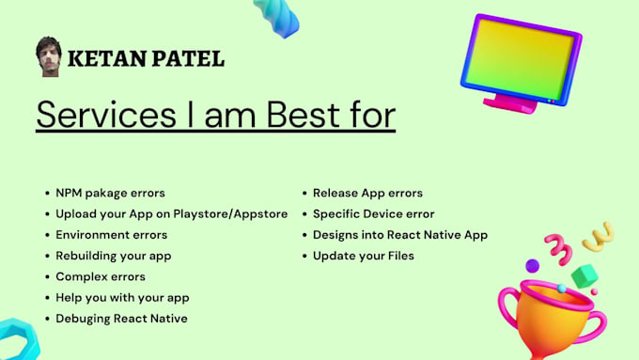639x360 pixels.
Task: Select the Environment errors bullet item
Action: (111, 234)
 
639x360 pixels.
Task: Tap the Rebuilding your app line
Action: (113, 255)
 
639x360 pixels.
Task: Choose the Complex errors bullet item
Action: (101, 276)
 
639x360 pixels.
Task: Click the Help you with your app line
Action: (122, 297)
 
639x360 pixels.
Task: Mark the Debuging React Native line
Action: (121, 318)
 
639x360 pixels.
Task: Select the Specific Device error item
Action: (373, 213)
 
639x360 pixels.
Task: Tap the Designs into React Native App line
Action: (399, 234)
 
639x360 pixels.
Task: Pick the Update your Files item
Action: (363, 255)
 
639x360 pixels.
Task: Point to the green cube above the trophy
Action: (584, 276)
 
